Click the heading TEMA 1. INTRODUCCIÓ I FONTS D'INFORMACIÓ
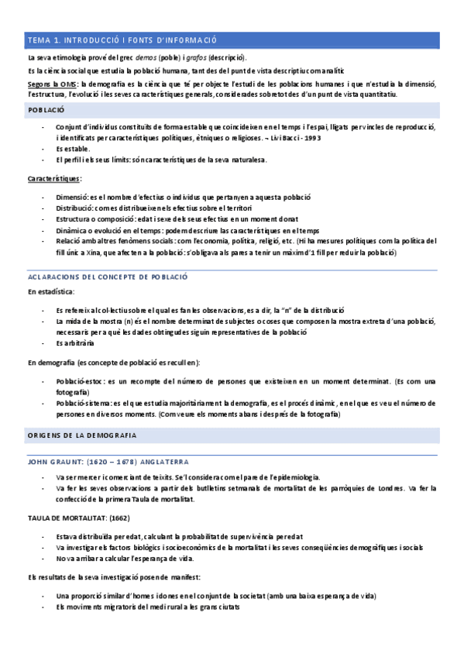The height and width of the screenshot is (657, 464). coord(122,40)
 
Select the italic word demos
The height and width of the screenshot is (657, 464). coord(146,58)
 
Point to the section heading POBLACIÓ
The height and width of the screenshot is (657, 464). coord(46,111)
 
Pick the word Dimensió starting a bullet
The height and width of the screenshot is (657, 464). coord(74,198)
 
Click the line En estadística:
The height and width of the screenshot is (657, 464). coord(51,292)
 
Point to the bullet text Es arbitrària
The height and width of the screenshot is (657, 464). coord(75,343)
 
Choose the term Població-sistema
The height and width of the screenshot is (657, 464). coord(83,403)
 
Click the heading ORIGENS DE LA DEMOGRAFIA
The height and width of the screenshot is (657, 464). coord(82,435)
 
